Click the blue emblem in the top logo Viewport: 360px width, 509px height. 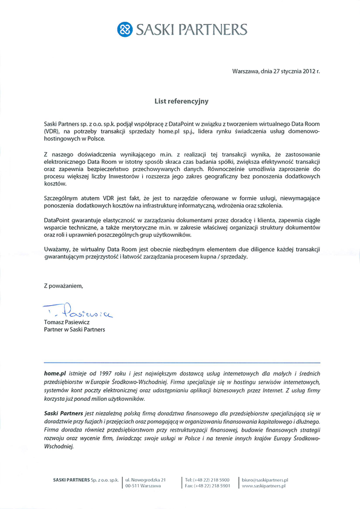pyautogui.click(x=125, y=30)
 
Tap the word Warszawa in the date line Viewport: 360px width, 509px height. pyautogui.click(x=246, y=71)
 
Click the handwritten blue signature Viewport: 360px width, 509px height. pyautogui.click(x=79, y=313)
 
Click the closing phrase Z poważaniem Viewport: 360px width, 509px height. pyautogui.click(x=62, y=285)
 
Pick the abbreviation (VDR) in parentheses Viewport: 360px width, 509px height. pyautogui.click(x=52, y=131)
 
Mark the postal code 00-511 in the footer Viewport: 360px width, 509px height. pyautogui.click(x=133, y=485)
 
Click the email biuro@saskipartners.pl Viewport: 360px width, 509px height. pyautogui.click(x=265, y=478)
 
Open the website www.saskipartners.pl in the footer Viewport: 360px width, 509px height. pyautogui.click(x=264, y=485)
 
